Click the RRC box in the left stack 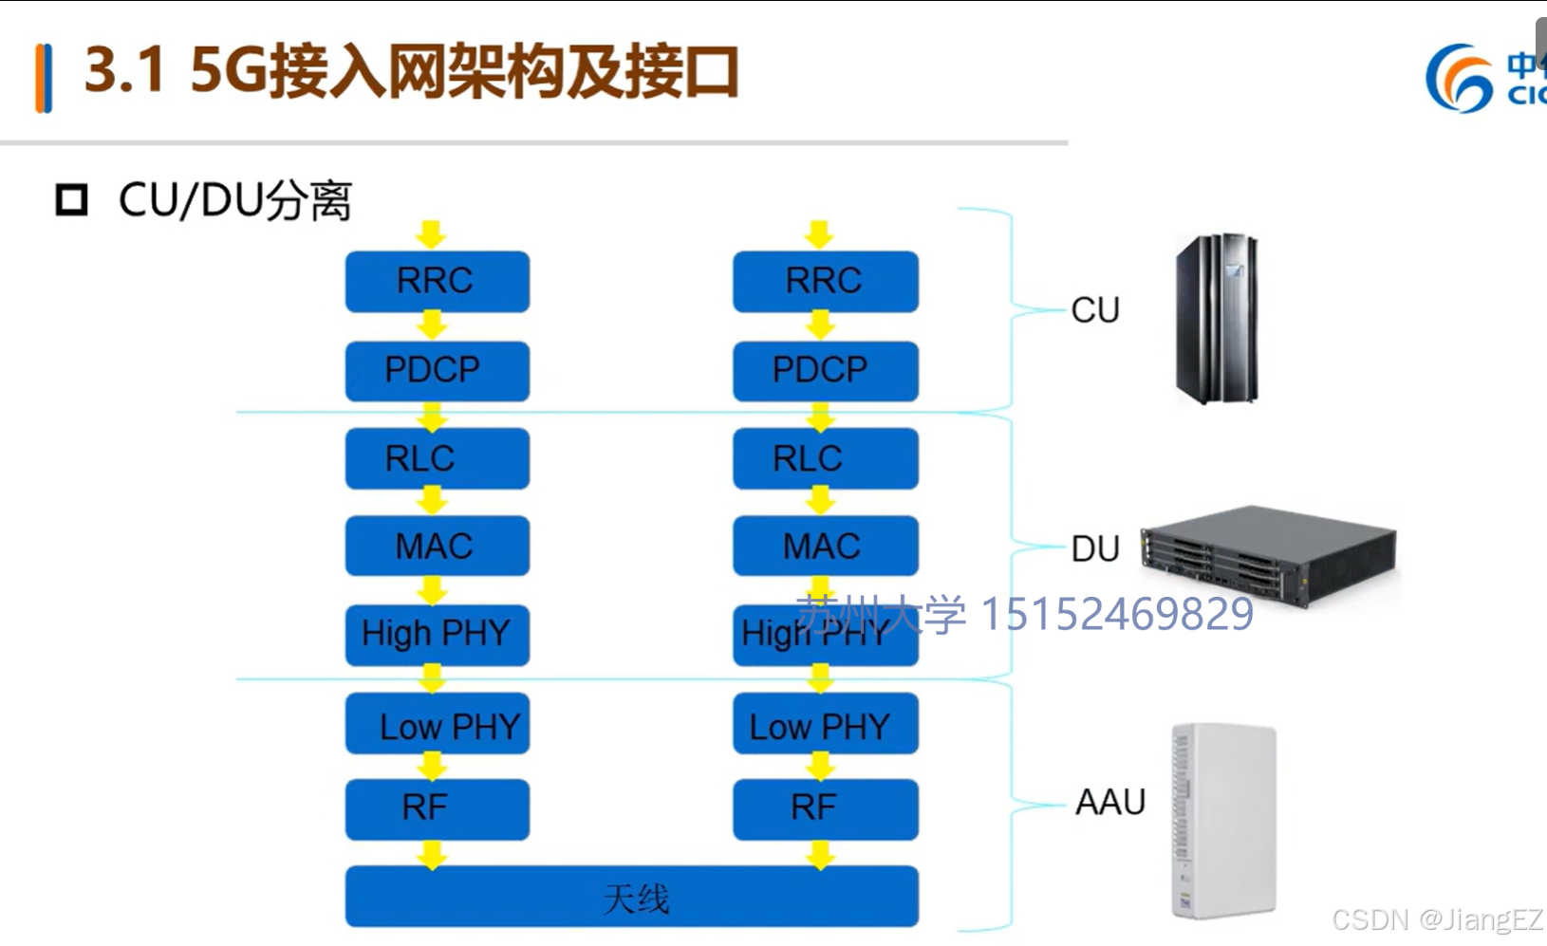(x=437, y=281)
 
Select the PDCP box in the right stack (x=825, y=370)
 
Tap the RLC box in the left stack (x=437, y=458)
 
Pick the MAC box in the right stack (x=825, y=546)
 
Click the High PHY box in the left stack (x=437, y=633)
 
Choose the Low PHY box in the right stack (x=825, y=726)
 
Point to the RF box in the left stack (x=437, y=808)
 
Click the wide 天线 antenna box (x=631, y=897)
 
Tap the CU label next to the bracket (x=1095, y=310)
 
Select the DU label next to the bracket (x=1095, y=548)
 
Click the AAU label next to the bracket (x=1109, y=803)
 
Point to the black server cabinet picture (x=1217, y=319)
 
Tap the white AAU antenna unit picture (x=1222, y=821)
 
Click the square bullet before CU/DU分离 (x=72, y=200)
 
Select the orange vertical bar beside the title (x=43, y=79)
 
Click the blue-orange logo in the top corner (x=1460, y=78)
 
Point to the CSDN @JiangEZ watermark (x=1437, y=919)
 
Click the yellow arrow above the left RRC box (x=431, y=233)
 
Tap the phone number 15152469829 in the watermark (x=1116, y=614)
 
